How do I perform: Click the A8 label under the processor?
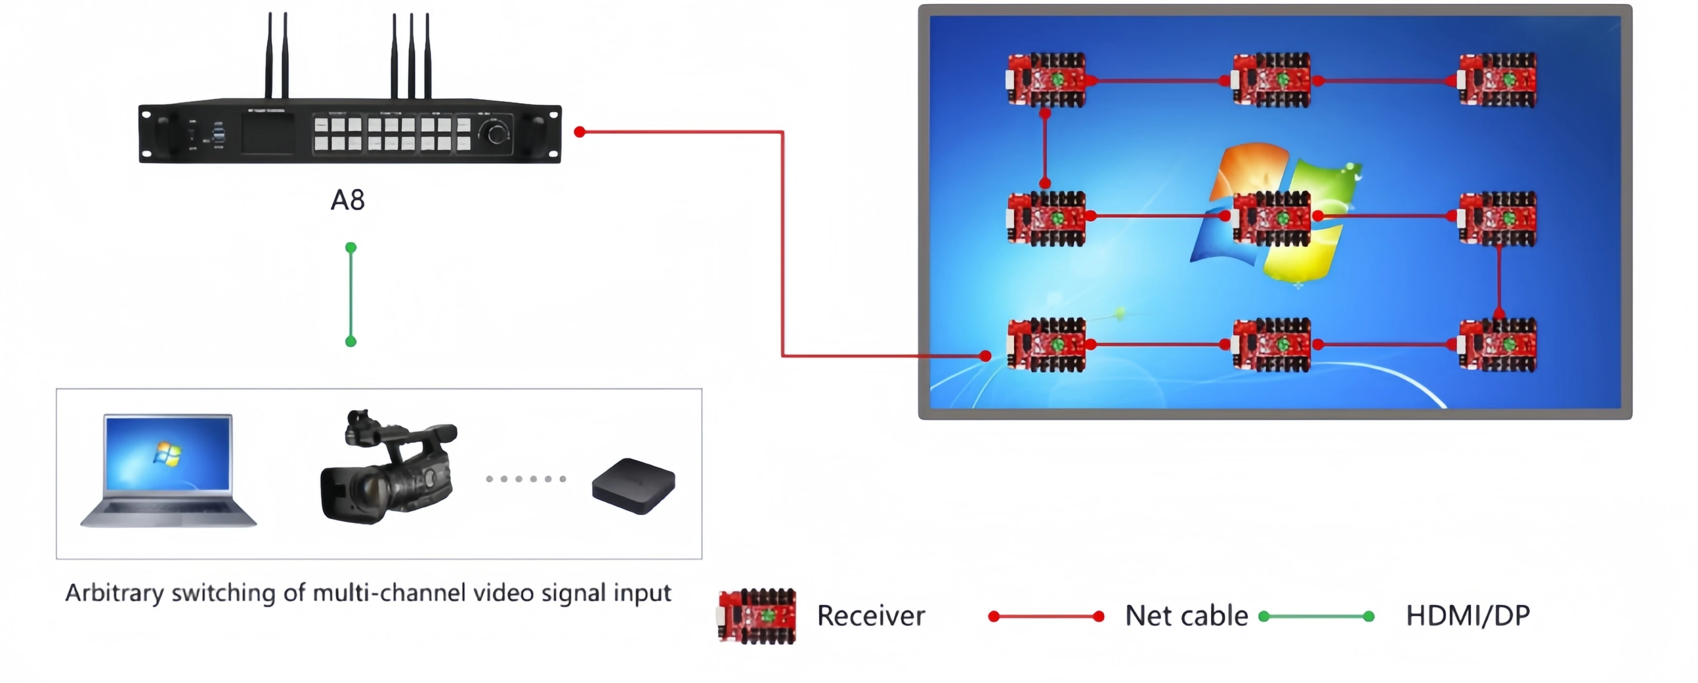pos(347,199)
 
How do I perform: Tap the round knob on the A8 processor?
pos(498,134)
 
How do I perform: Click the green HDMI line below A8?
pos(350,294)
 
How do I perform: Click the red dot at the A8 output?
pos(579,132)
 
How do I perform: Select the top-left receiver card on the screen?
pos(1047,80)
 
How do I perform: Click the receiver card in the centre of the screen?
pos(1272,218)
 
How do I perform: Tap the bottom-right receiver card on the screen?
pos(1497,344)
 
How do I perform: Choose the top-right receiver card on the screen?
pos(1497,80)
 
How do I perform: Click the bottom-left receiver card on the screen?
pos(1047,344)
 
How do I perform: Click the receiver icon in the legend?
pos(757,616)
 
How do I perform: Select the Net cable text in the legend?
pos(1186,616)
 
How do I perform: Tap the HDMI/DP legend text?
pos(1467,616)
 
